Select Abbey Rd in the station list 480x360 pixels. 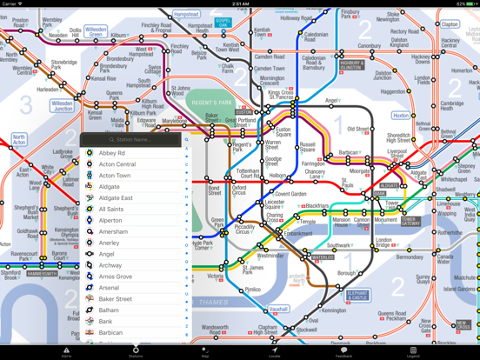pyautogui.click(x=112, y=153)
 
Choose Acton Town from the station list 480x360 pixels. pyautogui.click(x=115, y=176)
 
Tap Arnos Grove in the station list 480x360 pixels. pyautogui.click(x=116, y=277)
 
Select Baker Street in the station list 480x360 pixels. pyautogui.click(x=116, y=299)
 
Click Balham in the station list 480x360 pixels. pyautogui.click(x=109, y=310)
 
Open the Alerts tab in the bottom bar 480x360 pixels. pyautogui.click(x=66, y=352)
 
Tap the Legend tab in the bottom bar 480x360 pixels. pyautogui.click(x=413, y=352)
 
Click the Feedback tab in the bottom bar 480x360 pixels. pyautogui.click(x=343, y=352)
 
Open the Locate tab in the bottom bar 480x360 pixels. pyautogui.click(x=274, y=352)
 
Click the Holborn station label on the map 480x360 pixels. pyautogui.click(x=277, y=177)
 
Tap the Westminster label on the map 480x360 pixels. pyautogui.click(x=270, y=257)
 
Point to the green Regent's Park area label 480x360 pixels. pyautogui.click(x=211, y=103)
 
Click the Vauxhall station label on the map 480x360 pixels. pyautogui.click(x=278, y=309)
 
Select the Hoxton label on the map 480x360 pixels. pyautogui.click(x=401, y=116)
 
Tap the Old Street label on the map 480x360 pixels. pyautogui.click(x=358, y=130)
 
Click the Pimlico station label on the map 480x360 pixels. pyautogui.click(x=251, y=290)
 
